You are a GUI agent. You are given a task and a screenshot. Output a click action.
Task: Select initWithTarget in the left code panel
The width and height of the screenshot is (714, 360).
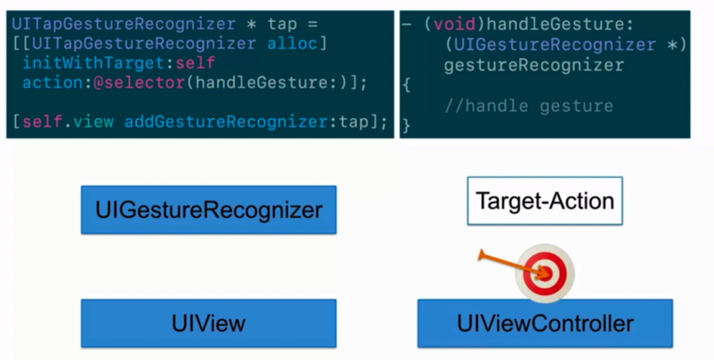94,63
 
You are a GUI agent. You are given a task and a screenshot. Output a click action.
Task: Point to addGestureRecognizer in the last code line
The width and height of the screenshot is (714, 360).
226,121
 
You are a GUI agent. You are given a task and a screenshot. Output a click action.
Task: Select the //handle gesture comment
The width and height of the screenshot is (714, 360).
528,106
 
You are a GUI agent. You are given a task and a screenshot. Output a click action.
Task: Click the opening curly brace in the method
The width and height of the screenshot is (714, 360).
406,86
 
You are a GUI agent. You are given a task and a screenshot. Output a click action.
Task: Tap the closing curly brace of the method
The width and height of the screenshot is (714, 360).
406,126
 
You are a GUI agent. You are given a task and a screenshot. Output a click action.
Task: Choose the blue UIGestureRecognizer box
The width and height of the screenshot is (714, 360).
208,210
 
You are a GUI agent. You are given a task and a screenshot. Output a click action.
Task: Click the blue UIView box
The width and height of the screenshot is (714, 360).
208,323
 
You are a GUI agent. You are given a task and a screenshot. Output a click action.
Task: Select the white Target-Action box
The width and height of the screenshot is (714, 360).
545,201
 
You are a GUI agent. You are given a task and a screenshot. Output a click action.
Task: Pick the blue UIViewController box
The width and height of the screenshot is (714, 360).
545,323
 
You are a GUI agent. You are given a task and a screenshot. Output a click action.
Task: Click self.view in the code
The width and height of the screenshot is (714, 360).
68,121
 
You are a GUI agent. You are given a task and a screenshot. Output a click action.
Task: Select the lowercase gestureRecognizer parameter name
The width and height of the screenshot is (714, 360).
533,65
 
